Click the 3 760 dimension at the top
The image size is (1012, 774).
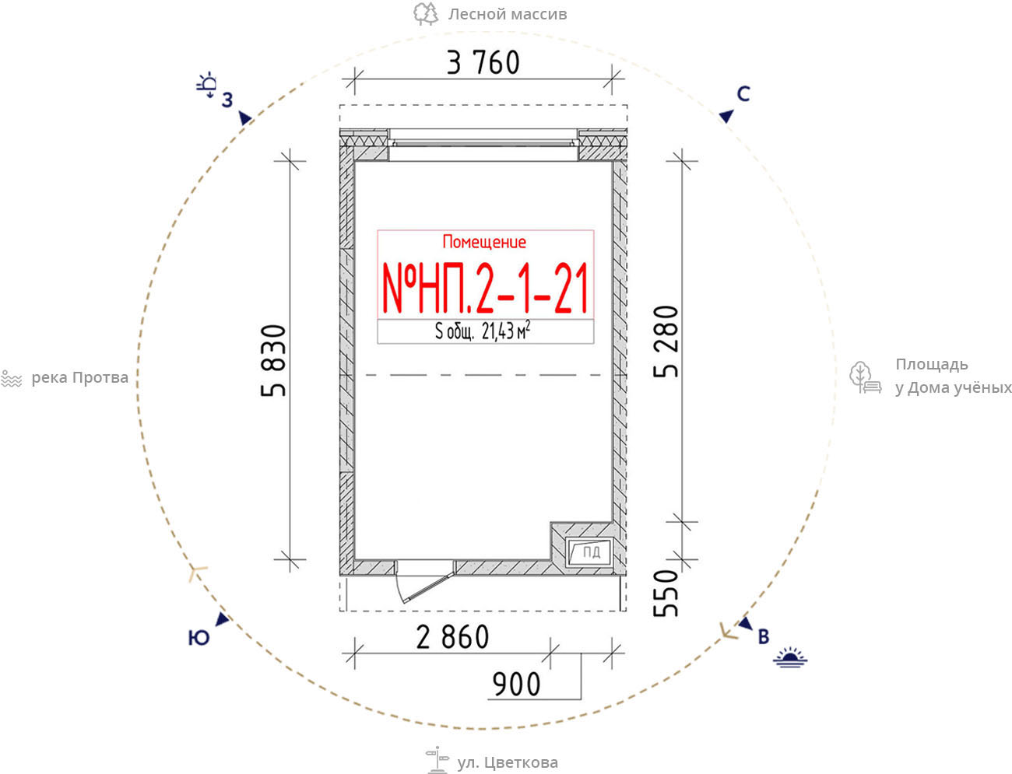point(483,63)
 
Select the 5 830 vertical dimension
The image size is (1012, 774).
point(273,361)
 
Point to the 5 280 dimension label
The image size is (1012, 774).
point(666,341)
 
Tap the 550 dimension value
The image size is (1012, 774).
point(666,594)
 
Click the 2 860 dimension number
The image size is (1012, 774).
point(452,638)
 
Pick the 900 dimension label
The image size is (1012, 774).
point(516,685)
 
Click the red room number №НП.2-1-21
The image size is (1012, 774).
point(486,289)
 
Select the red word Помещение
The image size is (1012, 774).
point(484,242)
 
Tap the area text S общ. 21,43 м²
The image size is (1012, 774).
point(483,331)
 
